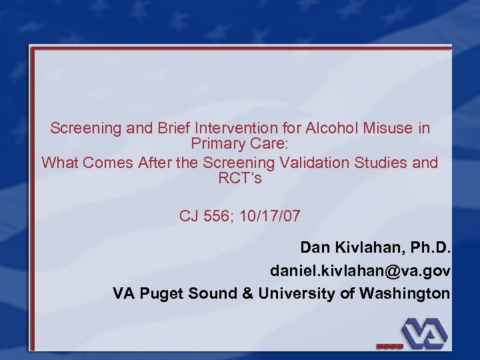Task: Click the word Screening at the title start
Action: point(86,128)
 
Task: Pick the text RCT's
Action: point(240,179)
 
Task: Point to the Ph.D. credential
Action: point(428,248)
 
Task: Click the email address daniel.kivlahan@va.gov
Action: point(360,271)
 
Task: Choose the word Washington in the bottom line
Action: point(405,293)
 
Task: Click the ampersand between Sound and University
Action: point(247,293)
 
